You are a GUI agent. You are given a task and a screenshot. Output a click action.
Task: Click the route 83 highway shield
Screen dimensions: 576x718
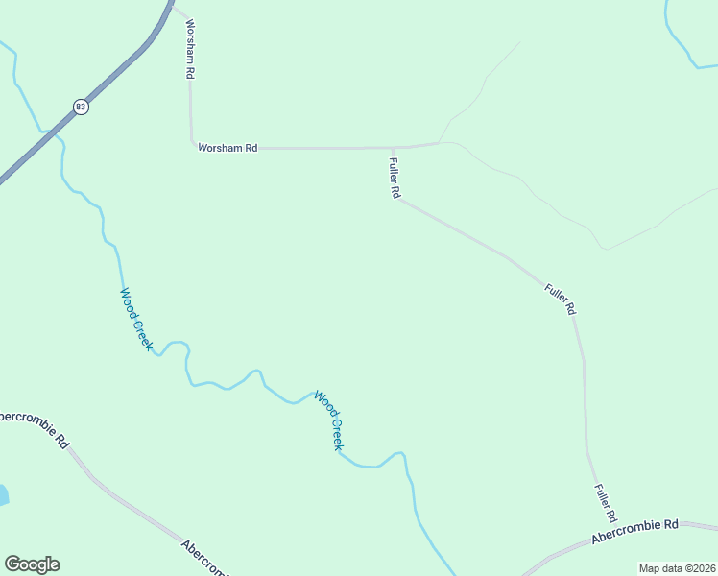pyautogui.click(x=81, y=107)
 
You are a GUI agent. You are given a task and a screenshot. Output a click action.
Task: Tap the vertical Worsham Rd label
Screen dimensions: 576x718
pyautogui.click(x=191, y=49)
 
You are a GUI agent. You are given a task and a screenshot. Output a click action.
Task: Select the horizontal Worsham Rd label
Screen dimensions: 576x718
pyautogui.click(x=227, y=148)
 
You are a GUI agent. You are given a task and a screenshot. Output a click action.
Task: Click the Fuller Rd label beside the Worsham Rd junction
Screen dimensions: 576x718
pyautogui.click(x=395, y=179)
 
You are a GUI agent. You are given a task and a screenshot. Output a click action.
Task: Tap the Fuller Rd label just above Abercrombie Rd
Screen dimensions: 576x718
pyautogui.click(x=604, y=502)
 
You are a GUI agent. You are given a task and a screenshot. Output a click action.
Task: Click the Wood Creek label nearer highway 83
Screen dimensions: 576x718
pyautogui.click(x=135, y=319)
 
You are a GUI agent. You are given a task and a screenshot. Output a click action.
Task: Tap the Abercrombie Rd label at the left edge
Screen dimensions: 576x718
pyautogui.click(x=35, y=428)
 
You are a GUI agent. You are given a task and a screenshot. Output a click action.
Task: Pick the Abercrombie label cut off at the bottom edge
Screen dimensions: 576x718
pyautogui.click(x=204, y=558)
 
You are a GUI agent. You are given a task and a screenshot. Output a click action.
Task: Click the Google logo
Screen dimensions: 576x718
pyautogui.click(x=32, y=564)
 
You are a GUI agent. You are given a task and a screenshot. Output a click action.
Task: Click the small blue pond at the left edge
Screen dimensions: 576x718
pyautogui.click(x=3, y=495)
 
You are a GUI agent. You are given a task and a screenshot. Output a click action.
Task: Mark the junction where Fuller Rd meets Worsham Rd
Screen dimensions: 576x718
pyautogui.click(x=393, y=148)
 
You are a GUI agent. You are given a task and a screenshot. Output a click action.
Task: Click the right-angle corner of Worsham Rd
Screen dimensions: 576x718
pyautogui.click(x=192, y=147)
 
